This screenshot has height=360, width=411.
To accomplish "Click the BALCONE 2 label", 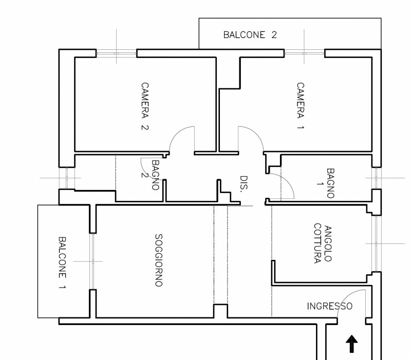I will pyautogui.click(x=250, y=35).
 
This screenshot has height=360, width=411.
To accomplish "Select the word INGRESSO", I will pyautogui.click(x=329, y=307).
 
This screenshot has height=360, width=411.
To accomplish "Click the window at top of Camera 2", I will pyautogui.click(x=117, y=52).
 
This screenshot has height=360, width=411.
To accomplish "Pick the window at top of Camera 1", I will pyautogui.click(x=304, y=52).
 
